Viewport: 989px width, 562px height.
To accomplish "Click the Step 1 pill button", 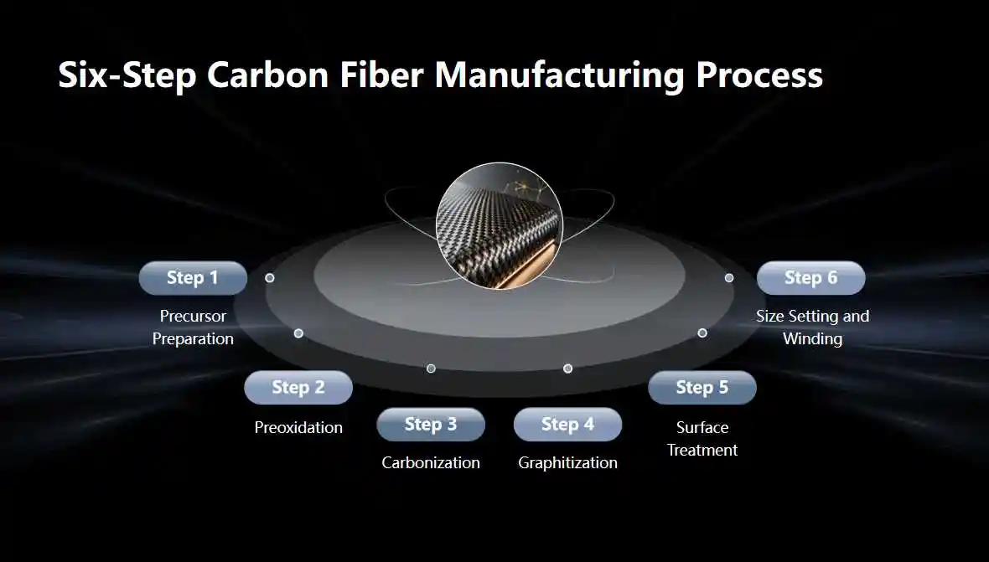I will tap(193, 278).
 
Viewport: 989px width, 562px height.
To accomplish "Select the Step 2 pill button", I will tap(298, 388).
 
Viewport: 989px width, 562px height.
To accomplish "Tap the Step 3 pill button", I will tap(431, 425).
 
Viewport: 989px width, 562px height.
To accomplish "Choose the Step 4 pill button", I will tap(567, 425).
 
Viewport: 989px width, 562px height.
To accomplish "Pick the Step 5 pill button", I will tap(702, 388).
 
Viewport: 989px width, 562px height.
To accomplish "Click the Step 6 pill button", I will tap(810, 278).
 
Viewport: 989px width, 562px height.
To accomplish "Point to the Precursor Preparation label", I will tap(193, 327).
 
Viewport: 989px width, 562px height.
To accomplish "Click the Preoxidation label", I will tap(298, 427).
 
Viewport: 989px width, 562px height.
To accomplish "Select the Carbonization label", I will tap(431, 462).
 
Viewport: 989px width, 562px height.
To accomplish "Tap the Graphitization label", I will tap(567, 462).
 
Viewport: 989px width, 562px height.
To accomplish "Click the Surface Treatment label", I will tap(702, 439).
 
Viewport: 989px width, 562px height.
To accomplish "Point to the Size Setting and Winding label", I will tap(812, 327).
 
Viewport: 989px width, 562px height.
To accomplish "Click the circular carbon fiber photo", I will tap(500, 226).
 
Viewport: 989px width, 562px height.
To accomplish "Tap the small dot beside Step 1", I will tap(269, 277).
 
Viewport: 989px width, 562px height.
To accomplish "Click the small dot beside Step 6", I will tap(729, 277).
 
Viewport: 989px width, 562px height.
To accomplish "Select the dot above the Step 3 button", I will tap(431, 369).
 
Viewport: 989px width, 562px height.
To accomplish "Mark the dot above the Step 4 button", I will tap(567, 369).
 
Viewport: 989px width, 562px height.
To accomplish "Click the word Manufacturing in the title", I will tap(560, 75).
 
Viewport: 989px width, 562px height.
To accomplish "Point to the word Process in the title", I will tap(759, 75).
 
